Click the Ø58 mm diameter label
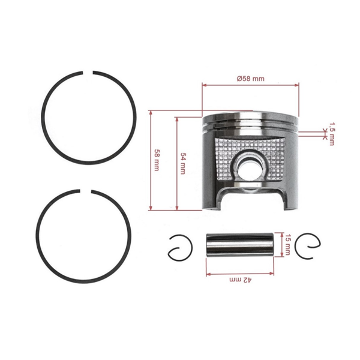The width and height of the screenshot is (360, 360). tap(251, 79)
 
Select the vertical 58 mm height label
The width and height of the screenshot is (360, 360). tap(157, 160)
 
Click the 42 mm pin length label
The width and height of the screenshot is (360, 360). tap(239, 280)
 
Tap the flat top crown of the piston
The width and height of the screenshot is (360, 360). tap(251, 114)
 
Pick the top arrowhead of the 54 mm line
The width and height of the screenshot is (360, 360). tap(176, 119)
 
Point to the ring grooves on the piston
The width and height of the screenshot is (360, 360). tap(251, 128)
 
